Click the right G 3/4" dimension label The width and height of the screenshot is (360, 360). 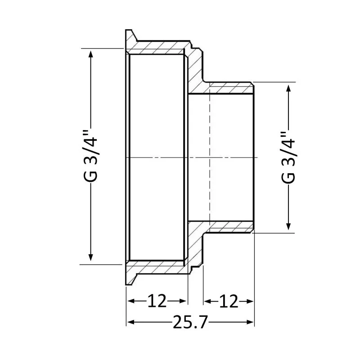point(288,157)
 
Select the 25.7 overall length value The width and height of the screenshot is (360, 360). point(190,322)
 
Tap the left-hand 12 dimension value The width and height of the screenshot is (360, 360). point(156,300)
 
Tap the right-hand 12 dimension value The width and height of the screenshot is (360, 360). point(228,300)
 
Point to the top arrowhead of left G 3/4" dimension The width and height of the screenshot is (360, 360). point(91,53)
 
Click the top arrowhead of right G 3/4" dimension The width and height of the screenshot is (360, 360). point(288,87)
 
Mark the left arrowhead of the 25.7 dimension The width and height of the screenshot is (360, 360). point(130,322)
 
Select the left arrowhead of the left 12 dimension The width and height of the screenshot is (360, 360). point(130,300)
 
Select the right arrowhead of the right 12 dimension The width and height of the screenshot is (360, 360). point(250,300)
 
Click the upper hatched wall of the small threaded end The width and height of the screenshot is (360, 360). point(229,88)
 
